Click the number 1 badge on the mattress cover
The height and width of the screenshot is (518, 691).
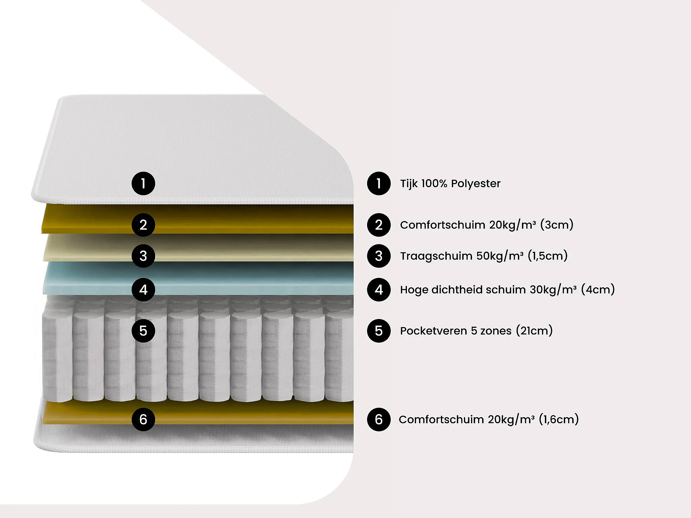point(143,183)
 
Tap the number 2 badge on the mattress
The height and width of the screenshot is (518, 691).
point(143,225)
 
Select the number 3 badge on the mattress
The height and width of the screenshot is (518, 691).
point(143,256)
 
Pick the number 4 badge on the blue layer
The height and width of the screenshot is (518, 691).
point(143,290)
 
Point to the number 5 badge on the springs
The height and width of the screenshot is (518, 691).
point(143,331)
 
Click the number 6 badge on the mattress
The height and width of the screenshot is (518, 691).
point(143,420)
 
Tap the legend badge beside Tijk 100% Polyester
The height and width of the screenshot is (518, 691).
point(379,183)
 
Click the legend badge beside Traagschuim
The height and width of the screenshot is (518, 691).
point(379,256)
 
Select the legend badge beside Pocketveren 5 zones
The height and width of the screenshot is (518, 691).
point(379,331)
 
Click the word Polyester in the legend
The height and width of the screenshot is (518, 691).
point(475,184)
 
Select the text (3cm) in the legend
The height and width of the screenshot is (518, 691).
point(557,225)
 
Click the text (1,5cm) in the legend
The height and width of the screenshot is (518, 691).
point(548,256)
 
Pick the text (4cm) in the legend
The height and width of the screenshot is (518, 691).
point(598,290)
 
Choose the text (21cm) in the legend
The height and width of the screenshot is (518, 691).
point(534,331)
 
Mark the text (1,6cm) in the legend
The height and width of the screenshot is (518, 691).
point(559,420)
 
